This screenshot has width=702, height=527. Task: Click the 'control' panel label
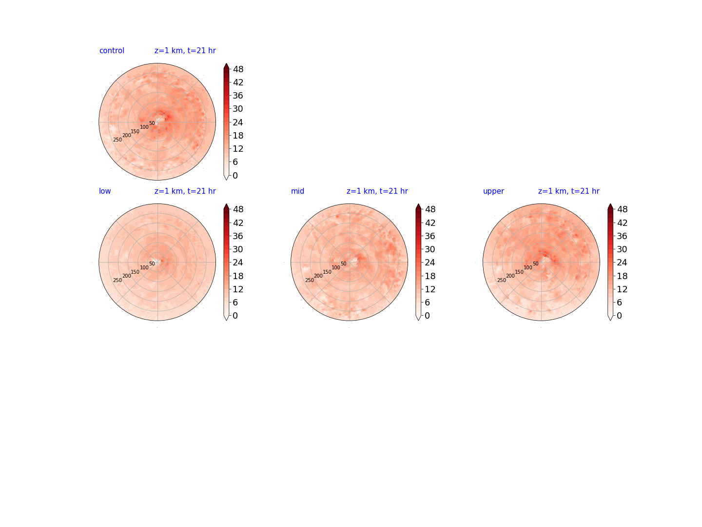[112, 51]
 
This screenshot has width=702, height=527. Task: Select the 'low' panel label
[105, 191]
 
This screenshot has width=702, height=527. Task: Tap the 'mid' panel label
[297, 191]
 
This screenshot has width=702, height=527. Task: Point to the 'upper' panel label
[493, 191]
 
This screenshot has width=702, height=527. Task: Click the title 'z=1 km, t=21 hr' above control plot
[185, 51]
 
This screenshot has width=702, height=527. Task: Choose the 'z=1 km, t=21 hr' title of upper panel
[568, 191]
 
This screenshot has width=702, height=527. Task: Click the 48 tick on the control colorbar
[238, 69]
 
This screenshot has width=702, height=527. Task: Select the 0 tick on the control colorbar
[235, 175]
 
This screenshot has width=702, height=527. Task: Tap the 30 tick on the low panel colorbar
[238, 249]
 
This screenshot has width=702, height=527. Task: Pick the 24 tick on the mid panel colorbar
[430, 263]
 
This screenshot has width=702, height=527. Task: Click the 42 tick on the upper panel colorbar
[622, 223]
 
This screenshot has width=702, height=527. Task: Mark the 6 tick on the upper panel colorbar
[619, 302]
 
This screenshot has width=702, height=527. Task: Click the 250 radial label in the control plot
[117, 140]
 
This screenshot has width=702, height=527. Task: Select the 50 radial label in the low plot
[152, 263]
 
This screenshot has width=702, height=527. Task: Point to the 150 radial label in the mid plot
[327, 272]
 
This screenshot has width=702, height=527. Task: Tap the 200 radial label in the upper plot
[510, 276]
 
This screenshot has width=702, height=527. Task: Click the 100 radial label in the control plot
[144, 127]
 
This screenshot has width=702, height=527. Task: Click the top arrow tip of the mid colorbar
[418, 204]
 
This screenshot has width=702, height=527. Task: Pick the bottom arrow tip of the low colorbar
[226, 320]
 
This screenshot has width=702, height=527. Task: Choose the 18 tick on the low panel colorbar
[238, 276]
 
